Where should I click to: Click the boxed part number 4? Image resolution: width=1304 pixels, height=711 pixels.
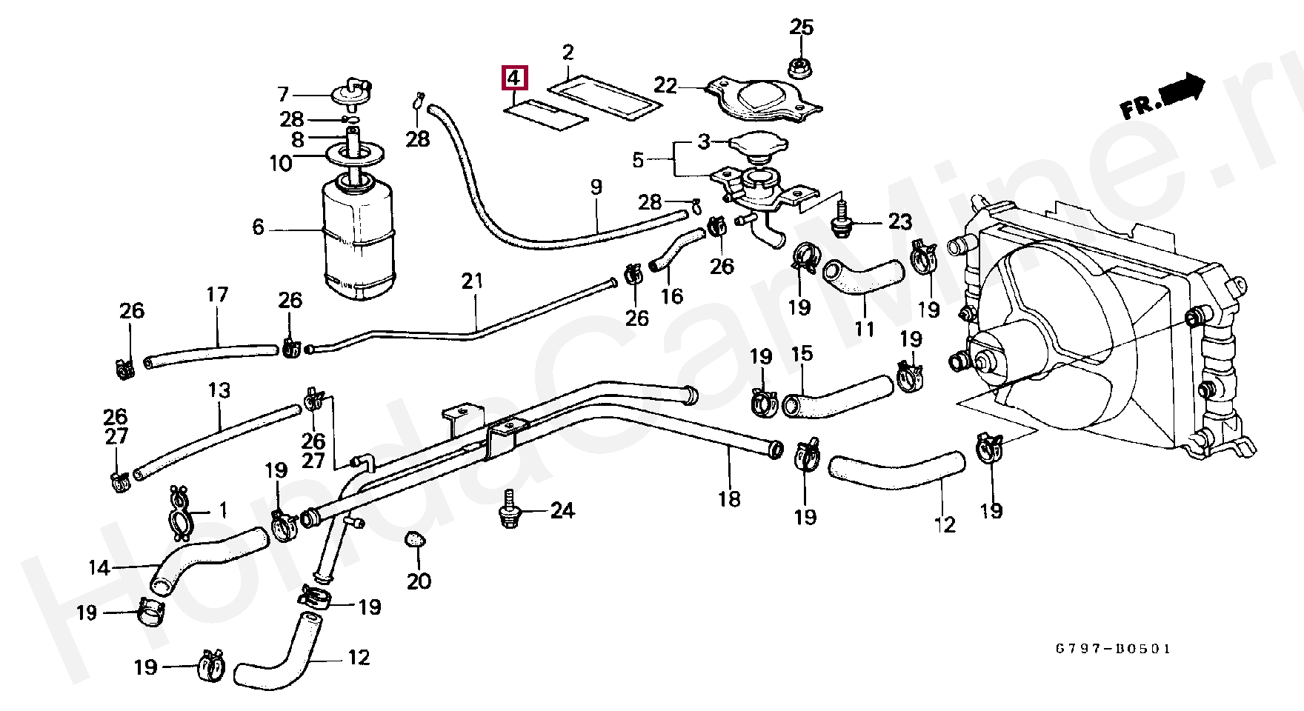(x=515, y=78)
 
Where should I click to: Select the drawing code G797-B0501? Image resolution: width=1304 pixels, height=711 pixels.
(x=1114, y=649)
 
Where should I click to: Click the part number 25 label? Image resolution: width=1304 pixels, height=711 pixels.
(x=802, y=27)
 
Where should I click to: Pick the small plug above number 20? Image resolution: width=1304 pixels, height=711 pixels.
(x=416, y=540)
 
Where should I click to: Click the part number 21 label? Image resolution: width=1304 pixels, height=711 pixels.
(x=472, y=281)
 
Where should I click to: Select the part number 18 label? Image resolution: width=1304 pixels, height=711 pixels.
(x=729, y=499)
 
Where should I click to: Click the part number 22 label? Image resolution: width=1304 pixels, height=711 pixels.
(x=665, y=86)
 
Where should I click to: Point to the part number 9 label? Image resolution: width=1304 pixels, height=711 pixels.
(x=596, y=187)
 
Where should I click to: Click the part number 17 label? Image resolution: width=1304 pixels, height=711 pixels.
(x=217, y=295)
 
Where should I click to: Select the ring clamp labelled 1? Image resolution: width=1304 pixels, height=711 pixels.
(x=180, y=513)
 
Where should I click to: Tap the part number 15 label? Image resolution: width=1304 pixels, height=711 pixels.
(x=802, y=353)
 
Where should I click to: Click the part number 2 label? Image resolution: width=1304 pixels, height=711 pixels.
(x=568, y=53)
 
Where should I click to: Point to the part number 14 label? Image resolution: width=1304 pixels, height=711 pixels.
(x=99, y=568)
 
